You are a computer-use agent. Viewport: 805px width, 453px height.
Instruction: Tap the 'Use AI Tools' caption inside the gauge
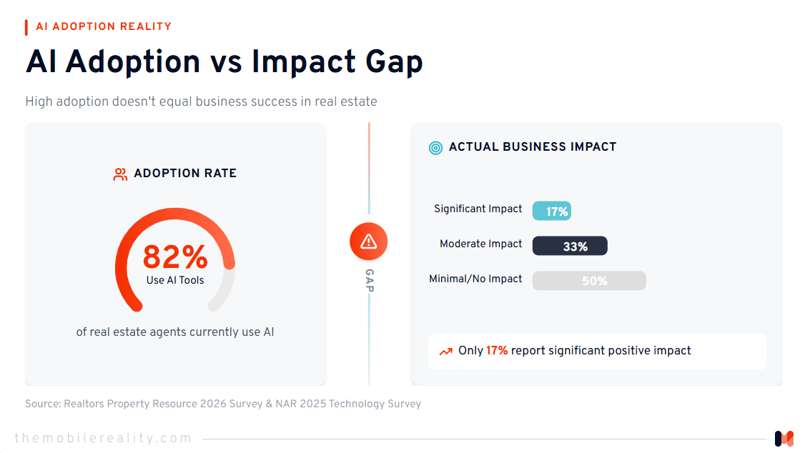pyautogui.click(x=175, y=280)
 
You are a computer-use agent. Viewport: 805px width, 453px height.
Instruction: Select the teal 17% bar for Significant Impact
pyautogui.click(x=552, y=211)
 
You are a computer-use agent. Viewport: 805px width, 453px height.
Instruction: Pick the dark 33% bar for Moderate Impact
pyautogui.click(x=570, y=246)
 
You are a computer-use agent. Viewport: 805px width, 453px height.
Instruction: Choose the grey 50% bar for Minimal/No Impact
pyautogui.click(x=589, y=281)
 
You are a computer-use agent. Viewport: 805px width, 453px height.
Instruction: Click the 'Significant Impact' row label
pyautogui.click(x=478, y=209)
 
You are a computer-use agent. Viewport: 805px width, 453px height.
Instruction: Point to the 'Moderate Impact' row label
pyautogui.click(x=480, y=244)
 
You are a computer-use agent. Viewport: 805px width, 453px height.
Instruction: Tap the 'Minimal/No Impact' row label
pyautogui.click(x=475, y=279)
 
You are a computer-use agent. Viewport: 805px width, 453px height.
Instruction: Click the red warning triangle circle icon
pyautogui.click(x=369, y=242)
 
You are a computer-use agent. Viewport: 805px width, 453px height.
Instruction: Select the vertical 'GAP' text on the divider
pyautogui.click(x=369, y=281)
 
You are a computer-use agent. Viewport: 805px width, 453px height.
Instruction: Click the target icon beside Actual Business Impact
pyautogui.click(x=435, y=147)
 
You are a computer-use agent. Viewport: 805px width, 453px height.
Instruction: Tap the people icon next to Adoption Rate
pyautogui.click(x=120, y=174)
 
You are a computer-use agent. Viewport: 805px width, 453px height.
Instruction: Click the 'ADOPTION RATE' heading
pyautogui.click(x=185, y=174)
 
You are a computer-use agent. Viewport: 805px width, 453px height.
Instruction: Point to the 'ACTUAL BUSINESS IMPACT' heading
pyautogui.click(x=532, y=147)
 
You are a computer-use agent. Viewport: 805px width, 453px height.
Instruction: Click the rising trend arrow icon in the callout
pyautogui.click(x=446, y=351)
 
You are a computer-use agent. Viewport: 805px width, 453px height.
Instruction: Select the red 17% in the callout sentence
pyautogui.click(x=497, y=351)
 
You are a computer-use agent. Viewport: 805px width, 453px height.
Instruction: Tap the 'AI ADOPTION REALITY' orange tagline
pyautogui.click(x=104, y=26)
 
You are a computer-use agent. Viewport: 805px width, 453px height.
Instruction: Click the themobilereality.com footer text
pyautogui.click(x=104, y=438)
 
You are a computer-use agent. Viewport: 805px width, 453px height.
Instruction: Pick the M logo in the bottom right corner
pyautogui.click(x=784, y=438)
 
